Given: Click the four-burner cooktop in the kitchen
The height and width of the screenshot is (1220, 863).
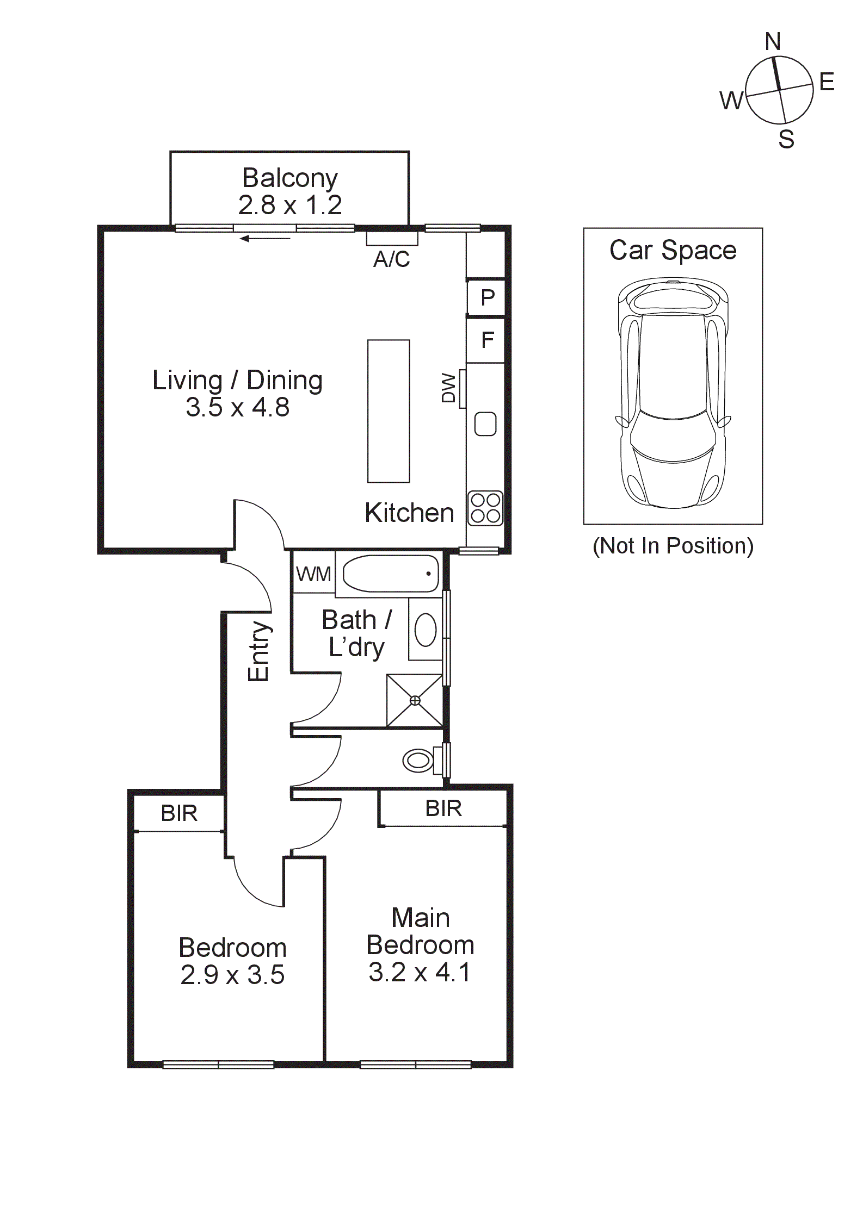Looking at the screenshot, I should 485,508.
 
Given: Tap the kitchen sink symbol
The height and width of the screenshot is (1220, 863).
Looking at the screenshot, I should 485,424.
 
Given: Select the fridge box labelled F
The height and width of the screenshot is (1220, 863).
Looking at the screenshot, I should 486,341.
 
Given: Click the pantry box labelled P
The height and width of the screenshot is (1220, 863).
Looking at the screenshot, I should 488,297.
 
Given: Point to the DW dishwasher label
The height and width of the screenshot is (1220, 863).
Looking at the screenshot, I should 448,388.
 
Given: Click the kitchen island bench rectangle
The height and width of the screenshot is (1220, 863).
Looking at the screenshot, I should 389,411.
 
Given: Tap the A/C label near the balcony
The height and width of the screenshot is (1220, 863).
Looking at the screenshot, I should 391,259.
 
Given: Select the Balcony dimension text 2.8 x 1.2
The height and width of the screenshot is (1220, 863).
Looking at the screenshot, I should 290,206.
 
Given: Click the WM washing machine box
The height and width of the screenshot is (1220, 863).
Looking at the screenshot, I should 314,574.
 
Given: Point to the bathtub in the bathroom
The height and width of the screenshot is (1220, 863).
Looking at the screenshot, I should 391,574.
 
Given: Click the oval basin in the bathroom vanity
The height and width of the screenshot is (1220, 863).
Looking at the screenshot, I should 426,630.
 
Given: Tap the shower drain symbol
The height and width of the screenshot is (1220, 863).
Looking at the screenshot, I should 415,700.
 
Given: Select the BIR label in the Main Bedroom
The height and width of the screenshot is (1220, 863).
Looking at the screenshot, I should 443,808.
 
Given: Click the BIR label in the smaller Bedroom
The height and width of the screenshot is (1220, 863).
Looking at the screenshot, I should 179,813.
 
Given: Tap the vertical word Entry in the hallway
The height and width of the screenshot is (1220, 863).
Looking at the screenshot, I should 258,651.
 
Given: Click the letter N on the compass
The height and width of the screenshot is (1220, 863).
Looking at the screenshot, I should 773,42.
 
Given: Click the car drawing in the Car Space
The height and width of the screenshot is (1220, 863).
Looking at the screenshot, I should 673,393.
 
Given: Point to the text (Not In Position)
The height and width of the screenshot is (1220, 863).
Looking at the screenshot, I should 673,546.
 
